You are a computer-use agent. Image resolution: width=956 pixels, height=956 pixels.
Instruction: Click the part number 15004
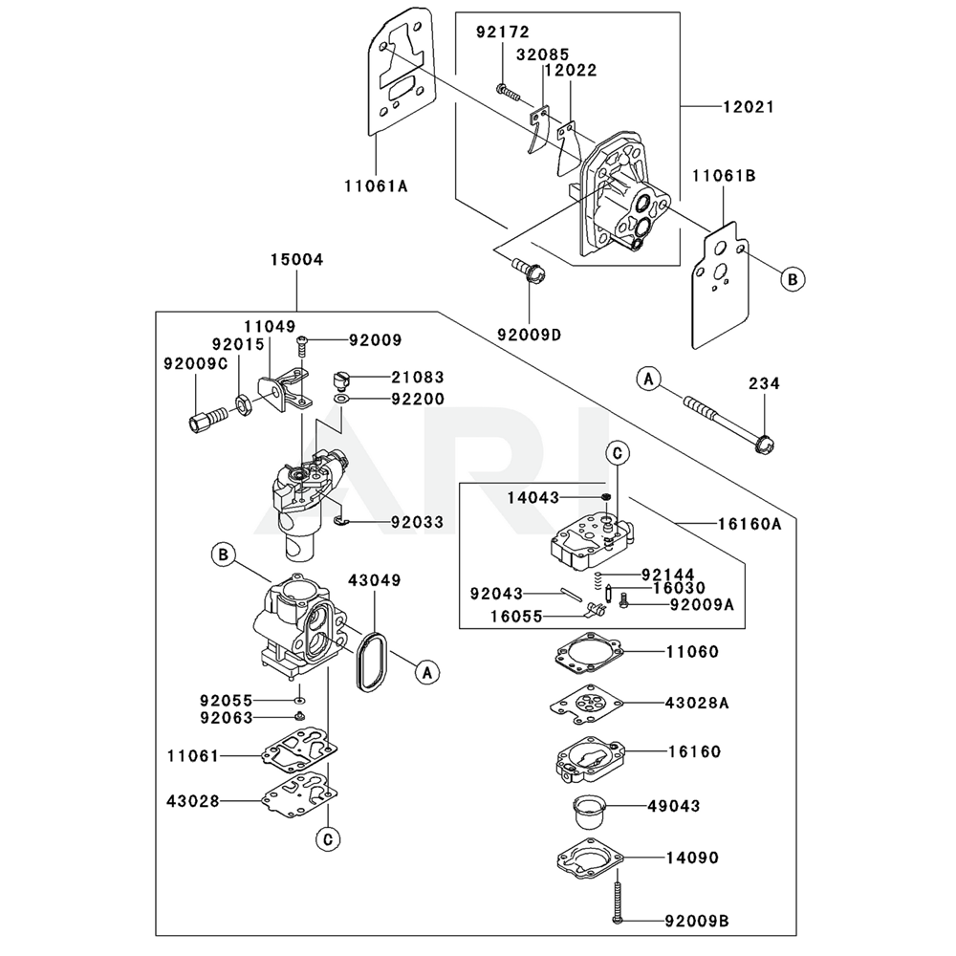296,259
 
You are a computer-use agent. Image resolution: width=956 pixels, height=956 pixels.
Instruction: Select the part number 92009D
529,334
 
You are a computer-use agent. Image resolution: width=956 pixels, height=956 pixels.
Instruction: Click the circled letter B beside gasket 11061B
792,279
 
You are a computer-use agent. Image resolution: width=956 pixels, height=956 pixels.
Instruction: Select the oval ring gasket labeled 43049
369,662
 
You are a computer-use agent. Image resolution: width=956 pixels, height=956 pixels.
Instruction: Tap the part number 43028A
697,702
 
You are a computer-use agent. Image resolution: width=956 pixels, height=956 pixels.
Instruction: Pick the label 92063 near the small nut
227,717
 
